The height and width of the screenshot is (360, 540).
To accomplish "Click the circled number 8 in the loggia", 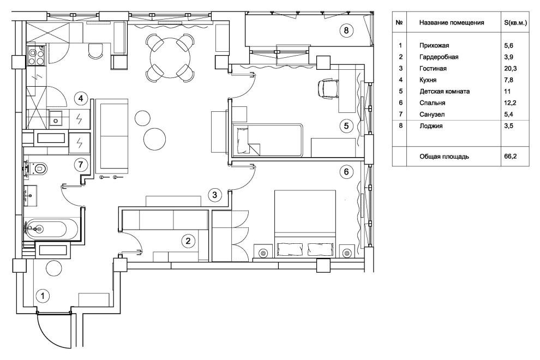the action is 346,31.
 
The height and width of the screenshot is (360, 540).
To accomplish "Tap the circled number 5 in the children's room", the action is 346,126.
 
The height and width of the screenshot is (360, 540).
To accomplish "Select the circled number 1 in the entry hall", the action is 43,296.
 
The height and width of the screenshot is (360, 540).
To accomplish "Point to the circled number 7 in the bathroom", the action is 81,165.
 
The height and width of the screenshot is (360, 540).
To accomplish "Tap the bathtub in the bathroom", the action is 46,229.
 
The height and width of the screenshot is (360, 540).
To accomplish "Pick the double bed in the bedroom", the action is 305,223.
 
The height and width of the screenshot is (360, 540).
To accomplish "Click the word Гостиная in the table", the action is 433,69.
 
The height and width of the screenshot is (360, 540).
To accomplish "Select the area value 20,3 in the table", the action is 511,69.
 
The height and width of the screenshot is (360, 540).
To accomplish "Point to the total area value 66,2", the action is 511,157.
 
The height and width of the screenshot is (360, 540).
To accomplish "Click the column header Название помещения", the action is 452,23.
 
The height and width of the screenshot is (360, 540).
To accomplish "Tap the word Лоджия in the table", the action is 431,126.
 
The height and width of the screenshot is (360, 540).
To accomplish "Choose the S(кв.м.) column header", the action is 515,23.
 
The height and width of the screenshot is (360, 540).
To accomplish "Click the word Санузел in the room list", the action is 432,115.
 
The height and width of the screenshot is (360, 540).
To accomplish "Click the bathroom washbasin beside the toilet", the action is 31,196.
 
